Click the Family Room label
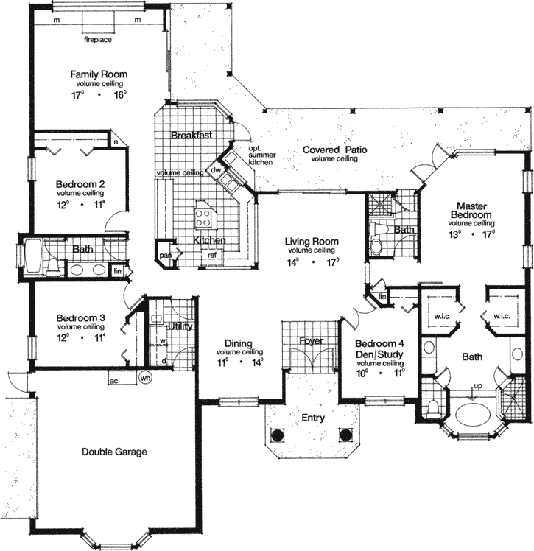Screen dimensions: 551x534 pyautogui.click(x=99, y=74)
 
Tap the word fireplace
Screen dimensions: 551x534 pyautogui.click(x=97, y=38)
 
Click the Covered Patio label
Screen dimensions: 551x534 pyautogui.click(x=334, y=150)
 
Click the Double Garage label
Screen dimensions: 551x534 pyautogui.click(x=114, y=452)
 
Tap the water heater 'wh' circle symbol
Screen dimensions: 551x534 pyautogui.click(x=145, y=379)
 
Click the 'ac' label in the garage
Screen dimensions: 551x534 pyautogui.click(x=113, y=381)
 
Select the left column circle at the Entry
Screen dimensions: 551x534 pyautogui.click(x=277, y=435)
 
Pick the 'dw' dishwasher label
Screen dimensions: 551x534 pyautogui.click(x=216, y=170)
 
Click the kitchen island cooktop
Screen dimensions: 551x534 pyautogui.click(x=203, y=216)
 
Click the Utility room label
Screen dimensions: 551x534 pyautogui.click(x=180, y=326)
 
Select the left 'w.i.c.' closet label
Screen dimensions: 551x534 pyautogui.click(x=442, y=317)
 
